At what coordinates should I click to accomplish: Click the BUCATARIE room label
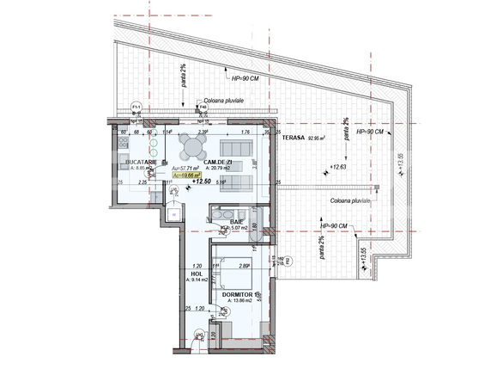(139, 162)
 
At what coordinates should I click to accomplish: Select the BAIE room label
(236, 221)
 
